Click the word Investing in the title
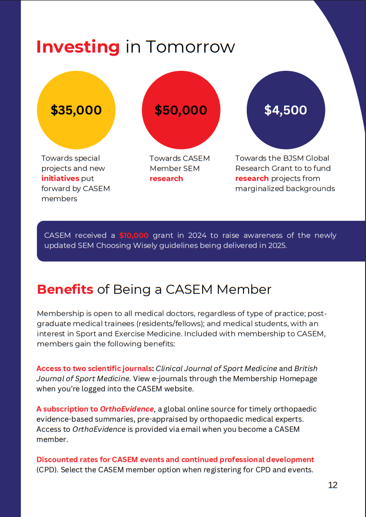(x=78, y=47)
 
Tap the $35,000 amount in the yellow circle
(x=76, y=110)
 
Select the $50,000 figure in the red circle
(x=181, y=110)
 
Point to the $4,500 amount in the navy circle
(x=285, y=110)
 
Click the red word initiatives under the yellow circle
(x=60, y=178)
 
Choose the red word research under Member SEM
(x=166, y=178)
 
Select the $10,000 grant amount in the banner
(x=134, y=236)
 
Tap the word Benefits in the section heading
(x=65, y=289)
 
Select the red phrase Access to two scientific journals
(x=94, y=368)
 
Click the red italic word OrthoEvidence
(x=127, y=409)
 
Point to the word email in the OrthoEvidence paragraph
(x=211, y=429)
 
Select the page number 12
(x=332, y=485)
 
